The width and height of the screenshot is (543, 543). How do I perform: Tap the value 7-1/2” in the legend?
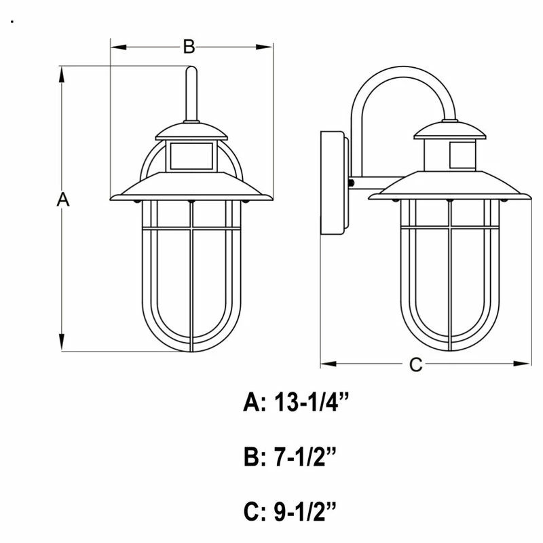click(305, 460)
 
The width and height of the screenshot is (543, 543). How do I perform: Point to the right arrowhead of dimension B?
click(264, 47)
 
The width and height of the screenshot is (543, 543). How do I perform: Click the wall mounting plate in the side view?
click(335, 183)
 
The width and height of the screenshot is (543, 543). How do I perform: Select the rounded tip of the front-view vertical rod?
click(191, 70)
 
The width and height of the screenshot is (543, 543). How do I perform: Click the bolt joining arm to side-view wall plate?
click(351, 183)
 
